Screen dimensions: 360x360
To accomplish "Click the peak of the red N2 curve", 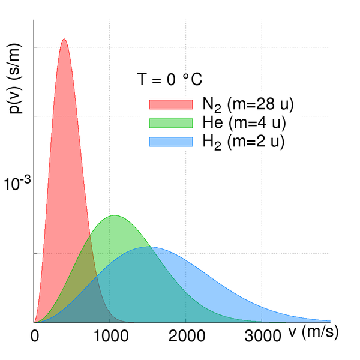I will pyautogui.click(x=64, y=40).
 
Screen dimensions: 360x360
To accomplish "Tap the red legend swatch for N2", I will pyautogui.click(x=171, y=104).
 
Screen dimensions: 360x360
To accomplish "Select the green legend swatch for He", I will pyautogui.click(x=171, y=122).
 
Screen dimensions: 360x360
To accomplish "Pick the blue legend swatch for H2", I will pyautogui.click(x=171, y=142).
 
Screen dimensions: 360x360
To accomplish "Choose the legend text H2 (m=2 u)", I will pyautogui.click(x=243, y=142).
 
